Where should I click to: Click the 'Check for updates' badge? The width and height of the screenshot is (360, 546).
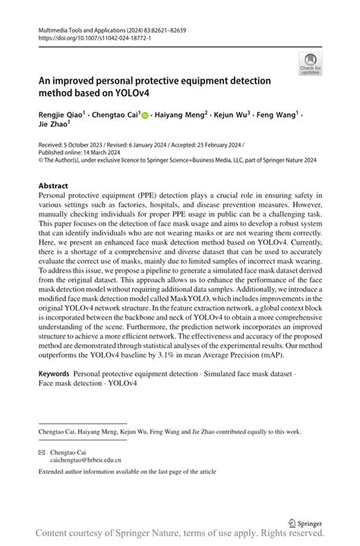(x=310, y=64)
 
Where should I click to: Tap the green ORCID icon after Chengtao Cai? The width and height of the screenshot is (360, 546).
(x=146, y=115)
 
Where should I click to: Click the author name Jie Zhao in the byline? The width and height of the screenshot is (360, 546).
(x=55, y=127)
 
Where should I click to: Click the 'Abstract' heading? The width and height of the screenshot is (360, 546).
(x=54, y=185)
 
